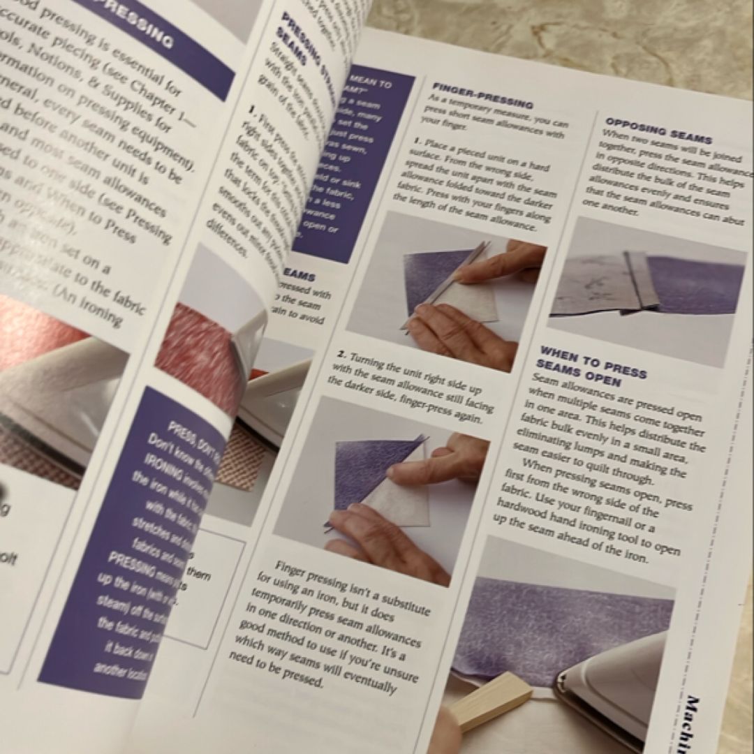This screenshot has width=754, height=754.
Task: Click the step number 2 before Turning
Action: pos(340,355)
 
